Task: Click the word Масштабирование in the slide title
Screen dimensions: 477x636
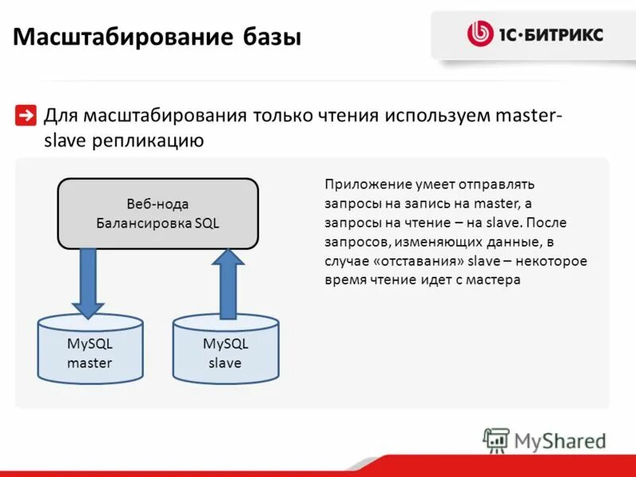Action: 123,37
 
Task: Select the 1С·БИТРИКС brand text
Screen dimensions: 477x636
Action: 551,35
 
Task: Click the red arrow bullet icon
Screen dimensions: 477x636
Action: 25,116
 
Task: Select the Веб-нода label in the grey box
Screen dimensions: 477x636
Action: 157,204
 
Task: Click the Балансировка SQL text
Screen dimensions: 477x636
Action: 157,223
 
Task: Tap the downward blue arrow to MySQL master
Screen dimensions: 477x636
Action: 87,282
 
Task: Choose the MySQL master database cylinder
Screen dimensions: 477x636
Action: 90,350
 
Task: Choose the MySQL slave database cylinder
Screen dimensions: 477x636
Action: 226,350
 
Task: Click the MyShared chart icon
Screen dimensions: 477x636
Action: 497,440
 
